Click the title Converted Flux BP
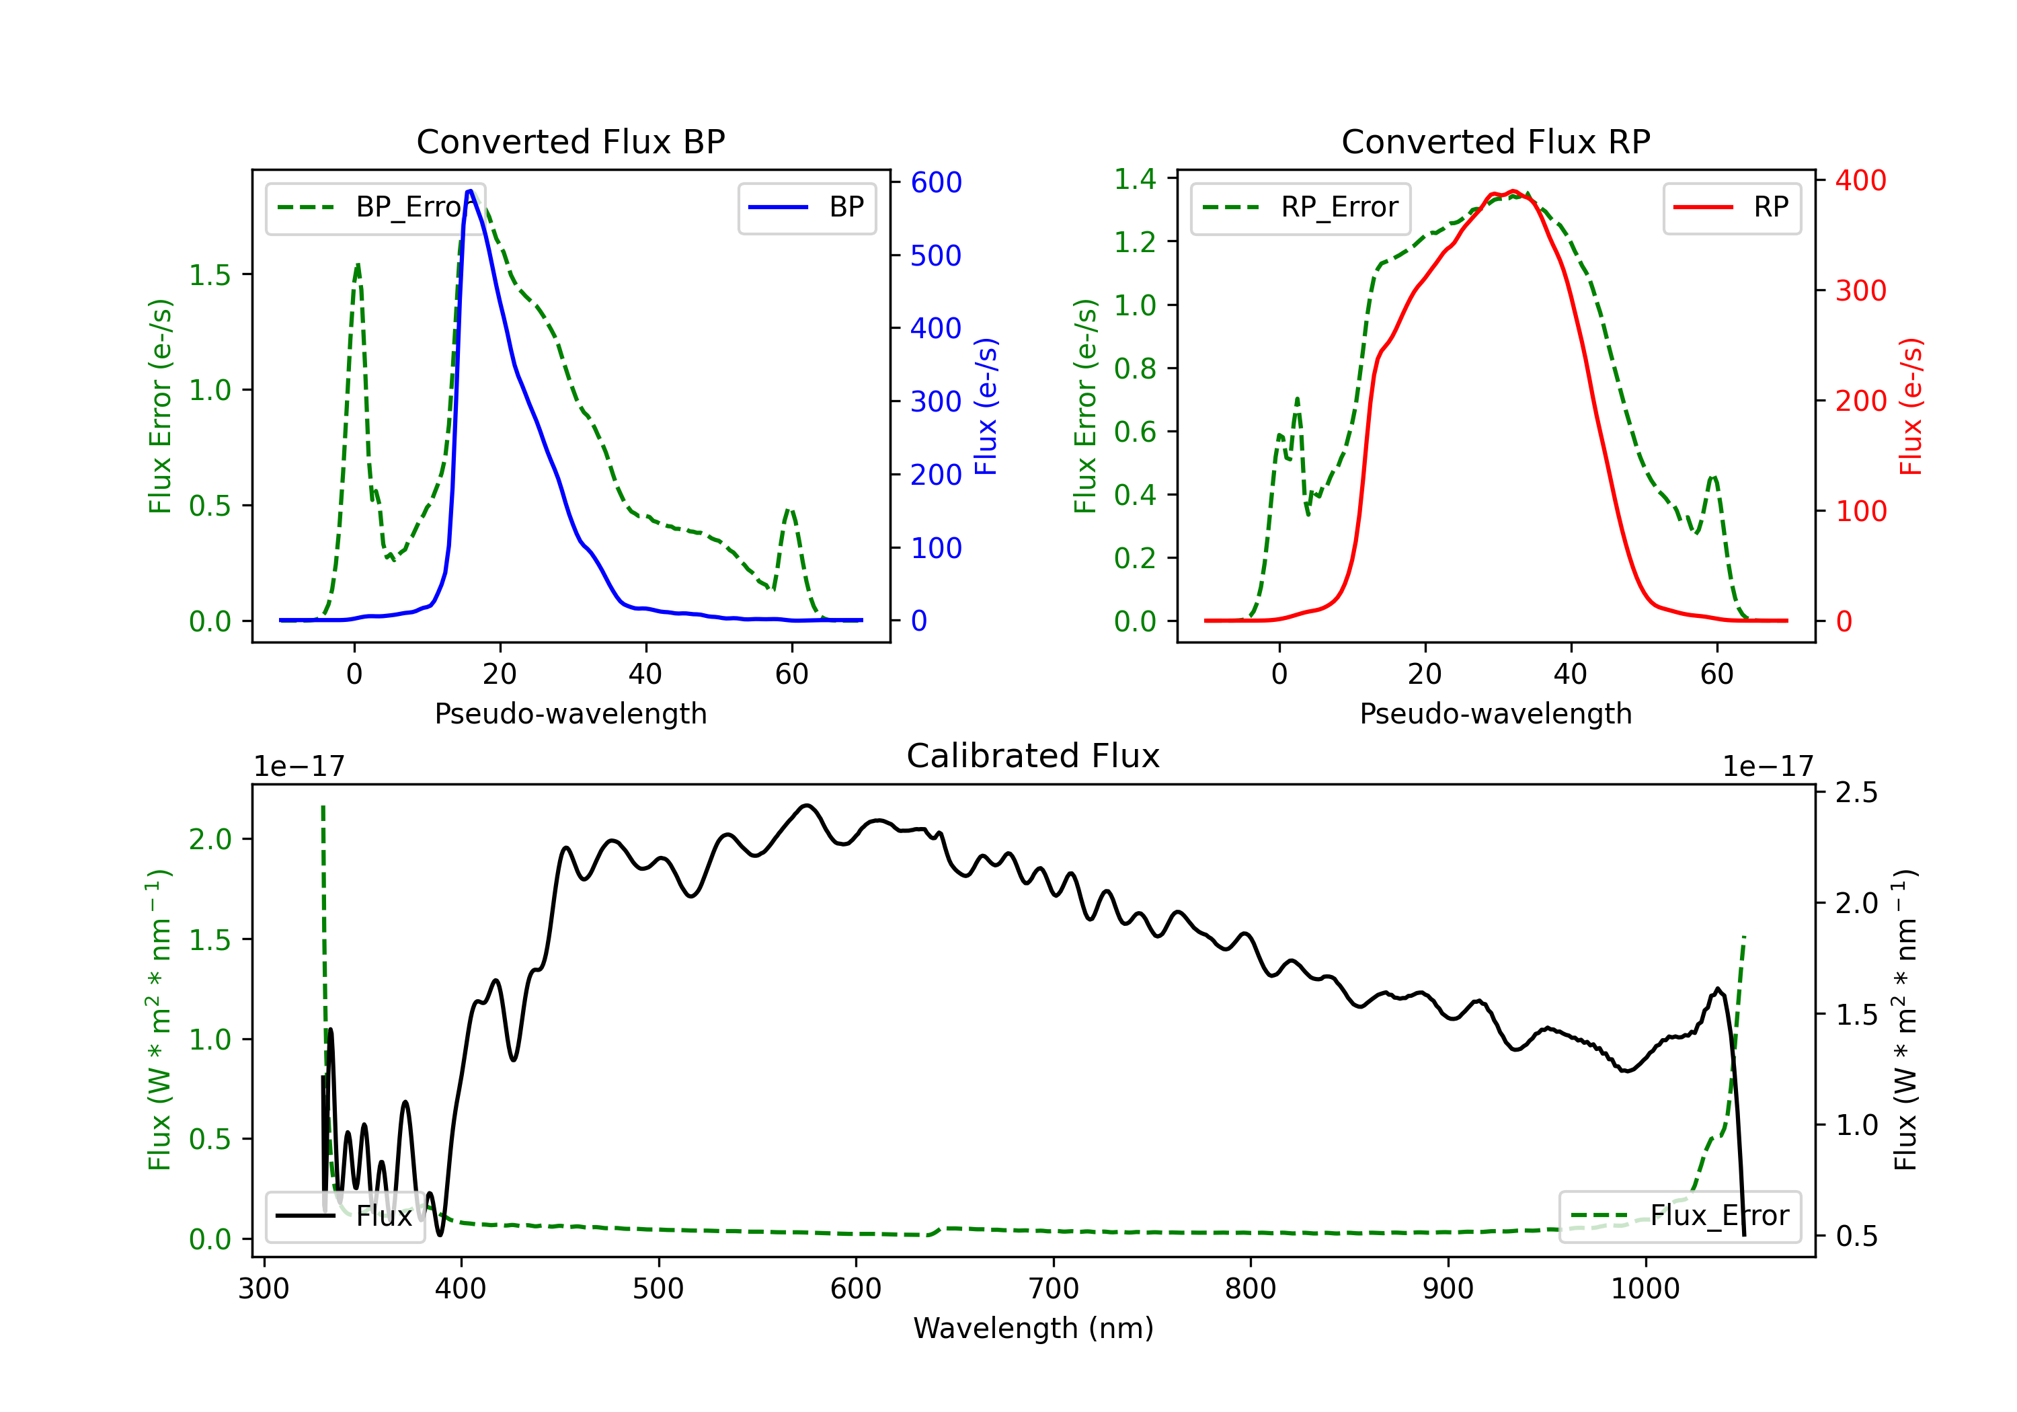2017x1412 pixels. point(570,141)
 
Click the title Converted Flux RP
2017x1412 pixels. point(1495,141)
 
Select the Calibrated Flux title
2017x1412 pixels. point(1033,756)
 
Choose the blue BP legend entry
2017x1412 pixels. point(806,207)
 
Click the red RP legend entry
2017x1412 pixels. point(1731,207)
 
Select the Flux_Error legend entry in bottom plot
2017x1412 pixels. point(1679,1216)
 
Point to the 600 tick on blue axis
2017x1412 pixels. point(936,183)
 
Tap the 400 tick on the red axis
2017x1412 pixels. point(1860,180)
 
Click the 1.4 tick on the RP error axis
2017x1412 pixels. point(1135,180)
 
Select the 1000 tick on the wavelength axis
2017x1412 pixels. point(1645,1289)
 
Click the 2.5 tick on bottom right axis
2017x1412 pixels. point(1857,793)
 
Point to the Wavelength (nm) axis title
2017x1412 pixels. point(1033,1328)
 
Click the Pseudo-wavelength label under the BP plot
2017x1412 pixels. point(570,713)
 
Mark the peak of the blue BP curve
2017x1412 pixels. point(471,191)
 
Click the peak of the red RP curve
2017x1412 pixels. point(1512,192)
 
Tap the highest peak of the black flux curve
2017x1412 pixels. point(806,805)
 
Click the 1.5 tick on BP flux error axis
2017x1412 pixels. point(209,275)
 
